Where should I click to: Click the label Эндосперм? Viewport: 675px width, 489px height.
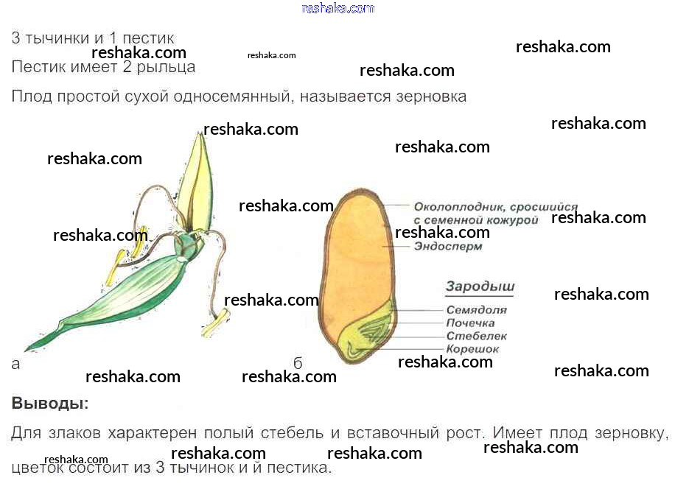coord(447,247)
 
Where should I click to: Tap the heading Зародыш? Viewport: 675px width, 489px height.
coord(480,286)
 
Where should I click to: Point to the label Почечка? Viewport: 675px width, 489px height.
coord(470,323)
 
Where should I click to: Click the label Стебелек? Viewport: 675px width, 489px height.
coord(476,337)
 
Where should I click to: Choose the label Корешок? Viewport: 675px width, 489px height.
coord(472,349)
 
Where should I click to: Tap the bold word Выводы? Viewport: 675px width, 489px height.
coord(49,404)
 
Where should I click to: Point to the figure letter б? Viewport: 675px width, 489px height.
coord(298,363)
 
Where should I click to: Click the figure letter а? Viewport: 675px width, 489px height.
coord(16,363)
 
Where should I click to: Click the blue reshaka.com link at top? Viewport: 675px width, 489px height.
coord(338,8)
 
